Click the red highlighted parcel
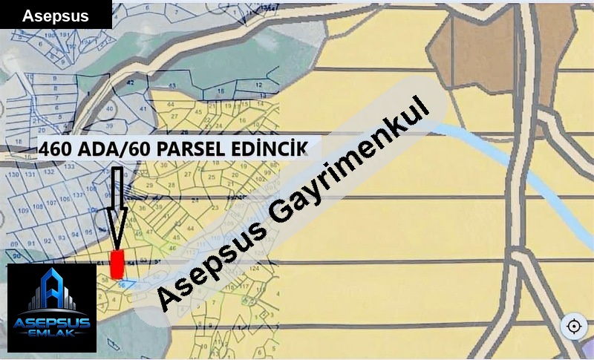pyautogui.click(x=116, y=264)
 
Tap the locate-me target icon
pyautogui.click(x=573, y=326)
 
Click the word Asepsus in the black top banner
pyautogui.click(x=55, y=16)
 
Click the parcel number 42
pyautogui.click(x=131, y=84)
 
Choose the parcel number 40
pyautogui.click(x=110, y=109)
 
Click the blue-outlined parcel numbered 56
pyautogui.click(x=123, y=284)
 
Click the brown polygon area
pyautogui.click(x=475, y=52)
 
